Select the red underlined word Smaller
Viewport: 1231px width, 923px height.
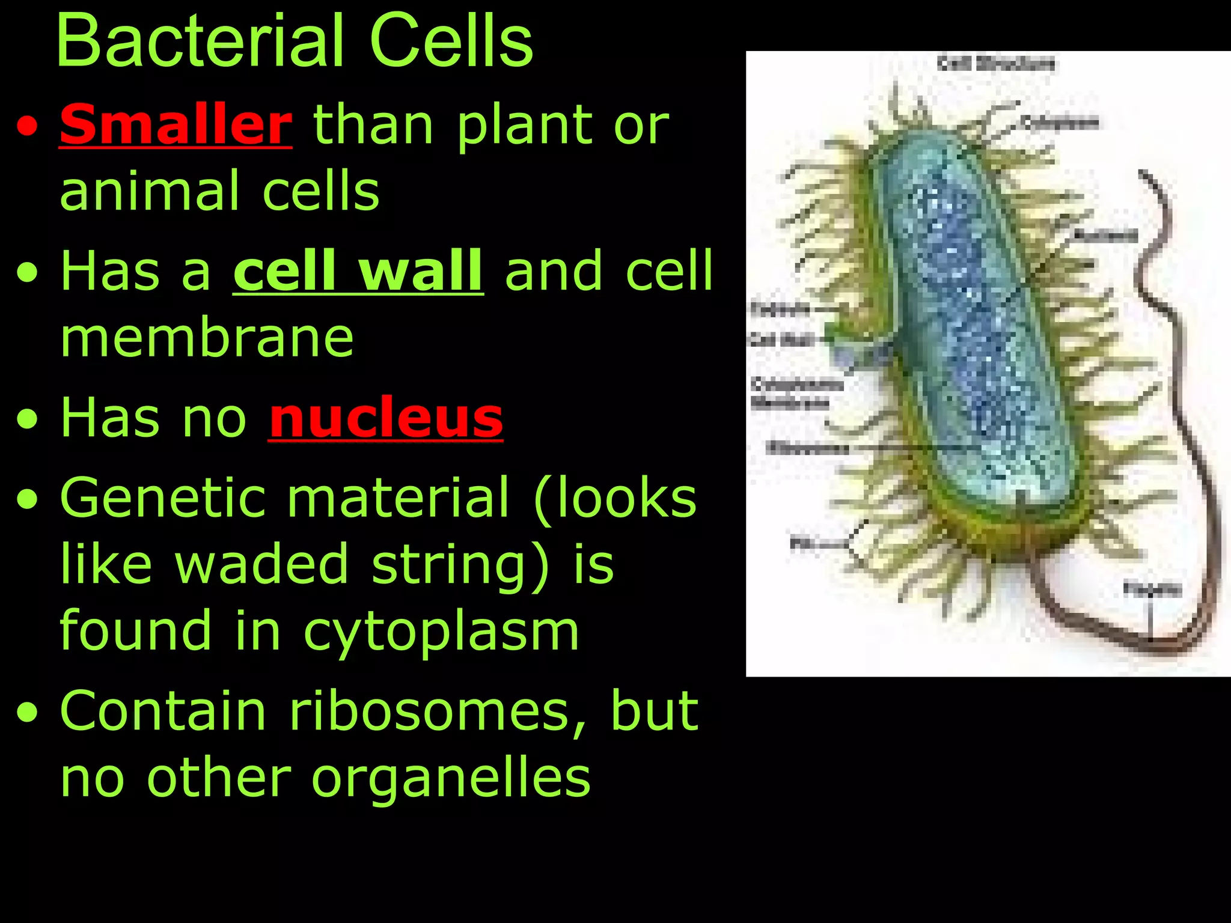click(176, 124)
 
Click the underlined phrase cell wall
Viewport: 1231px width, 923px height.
click(358, 272)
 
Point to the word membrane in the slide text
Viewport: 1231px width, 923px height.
click(207, 338)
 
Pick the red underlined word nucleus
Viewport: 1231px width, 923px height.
click(385, 418)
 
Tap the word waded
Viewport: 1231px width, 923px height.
click(261, 564)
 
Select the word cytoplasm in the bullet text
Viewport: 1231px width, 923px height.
click(441, 631)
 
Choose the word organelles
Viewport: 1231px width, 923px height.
click(451, 778)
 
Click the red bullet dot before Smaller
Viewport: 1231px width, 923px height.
click(27, 128)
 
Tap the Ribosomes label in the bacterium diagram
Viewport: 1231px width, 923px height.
click(808, 448)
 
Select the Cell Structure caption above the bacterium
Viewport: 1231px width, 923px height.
click(996, 63)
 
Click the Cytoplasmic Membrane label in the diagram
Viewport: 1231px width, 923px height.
click(789, 393)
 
